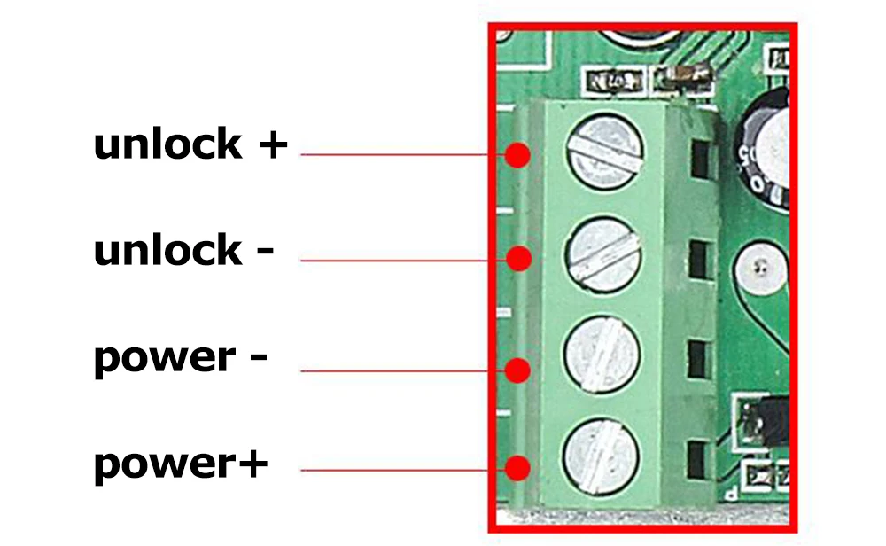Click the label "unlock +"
[190, 144]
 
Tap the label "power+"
[181, 464]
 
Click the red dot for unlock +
[518, 156]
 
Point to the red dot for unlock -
[519, 259]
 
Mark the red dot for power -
[518, 368]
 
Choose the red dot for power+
[518, 468]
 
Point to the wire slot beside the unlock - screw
[700, 259]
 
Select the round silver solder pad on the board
[758, 267]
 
